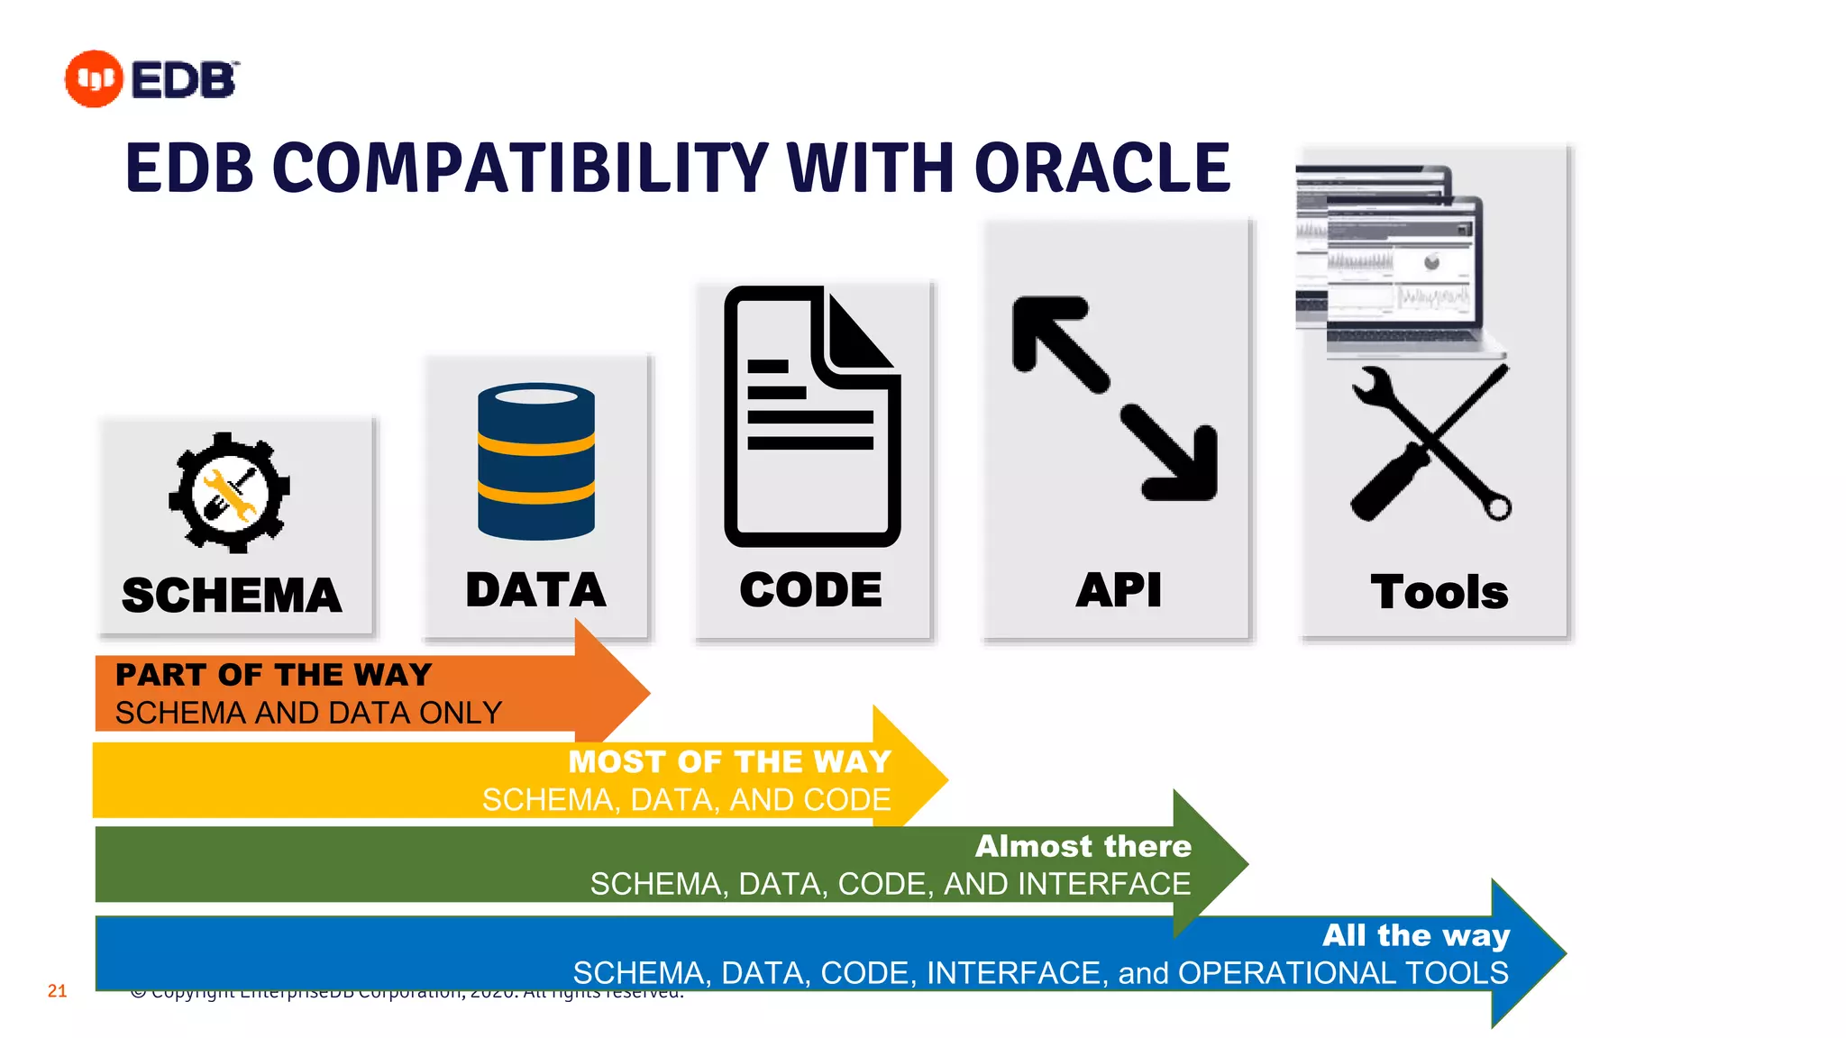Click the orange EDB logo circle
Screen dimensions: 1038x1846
pos(94,79)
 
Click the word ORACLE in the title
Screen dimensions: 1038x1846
pos(1101,169)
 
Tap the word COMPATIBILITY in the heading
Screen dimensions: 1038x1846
pos(520,169)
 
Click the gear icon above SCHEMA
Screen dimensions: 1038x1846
pos(229,493)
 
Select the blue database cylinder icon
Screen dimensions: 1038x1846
pos(536,461)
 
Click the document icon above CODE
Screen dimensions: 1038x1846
pos(811,416)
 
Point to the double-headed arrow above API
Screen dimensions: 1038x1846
pos(1116,398)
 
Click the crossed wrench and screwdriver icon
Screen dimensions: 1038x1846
pos(1430,443)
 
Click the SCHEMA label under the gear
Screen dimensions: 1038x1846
pos(232,596)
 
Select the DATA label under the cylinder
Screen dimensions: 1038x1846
pos(535,590)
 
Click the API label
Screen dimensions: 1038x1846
pos(1119,591)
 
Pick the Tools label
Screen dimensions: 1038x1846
pos(1439,593)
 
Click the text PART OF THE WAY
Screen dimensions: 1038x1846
pos(274,675)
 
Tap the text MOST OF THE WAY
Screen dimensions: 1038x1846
pos(729,762)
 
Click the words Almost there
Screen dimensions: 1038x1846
pos(1083,846)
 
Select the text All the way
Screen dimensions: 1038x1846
pos(1416,935)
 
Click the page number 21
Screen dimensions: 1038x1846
pos(57,991)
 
